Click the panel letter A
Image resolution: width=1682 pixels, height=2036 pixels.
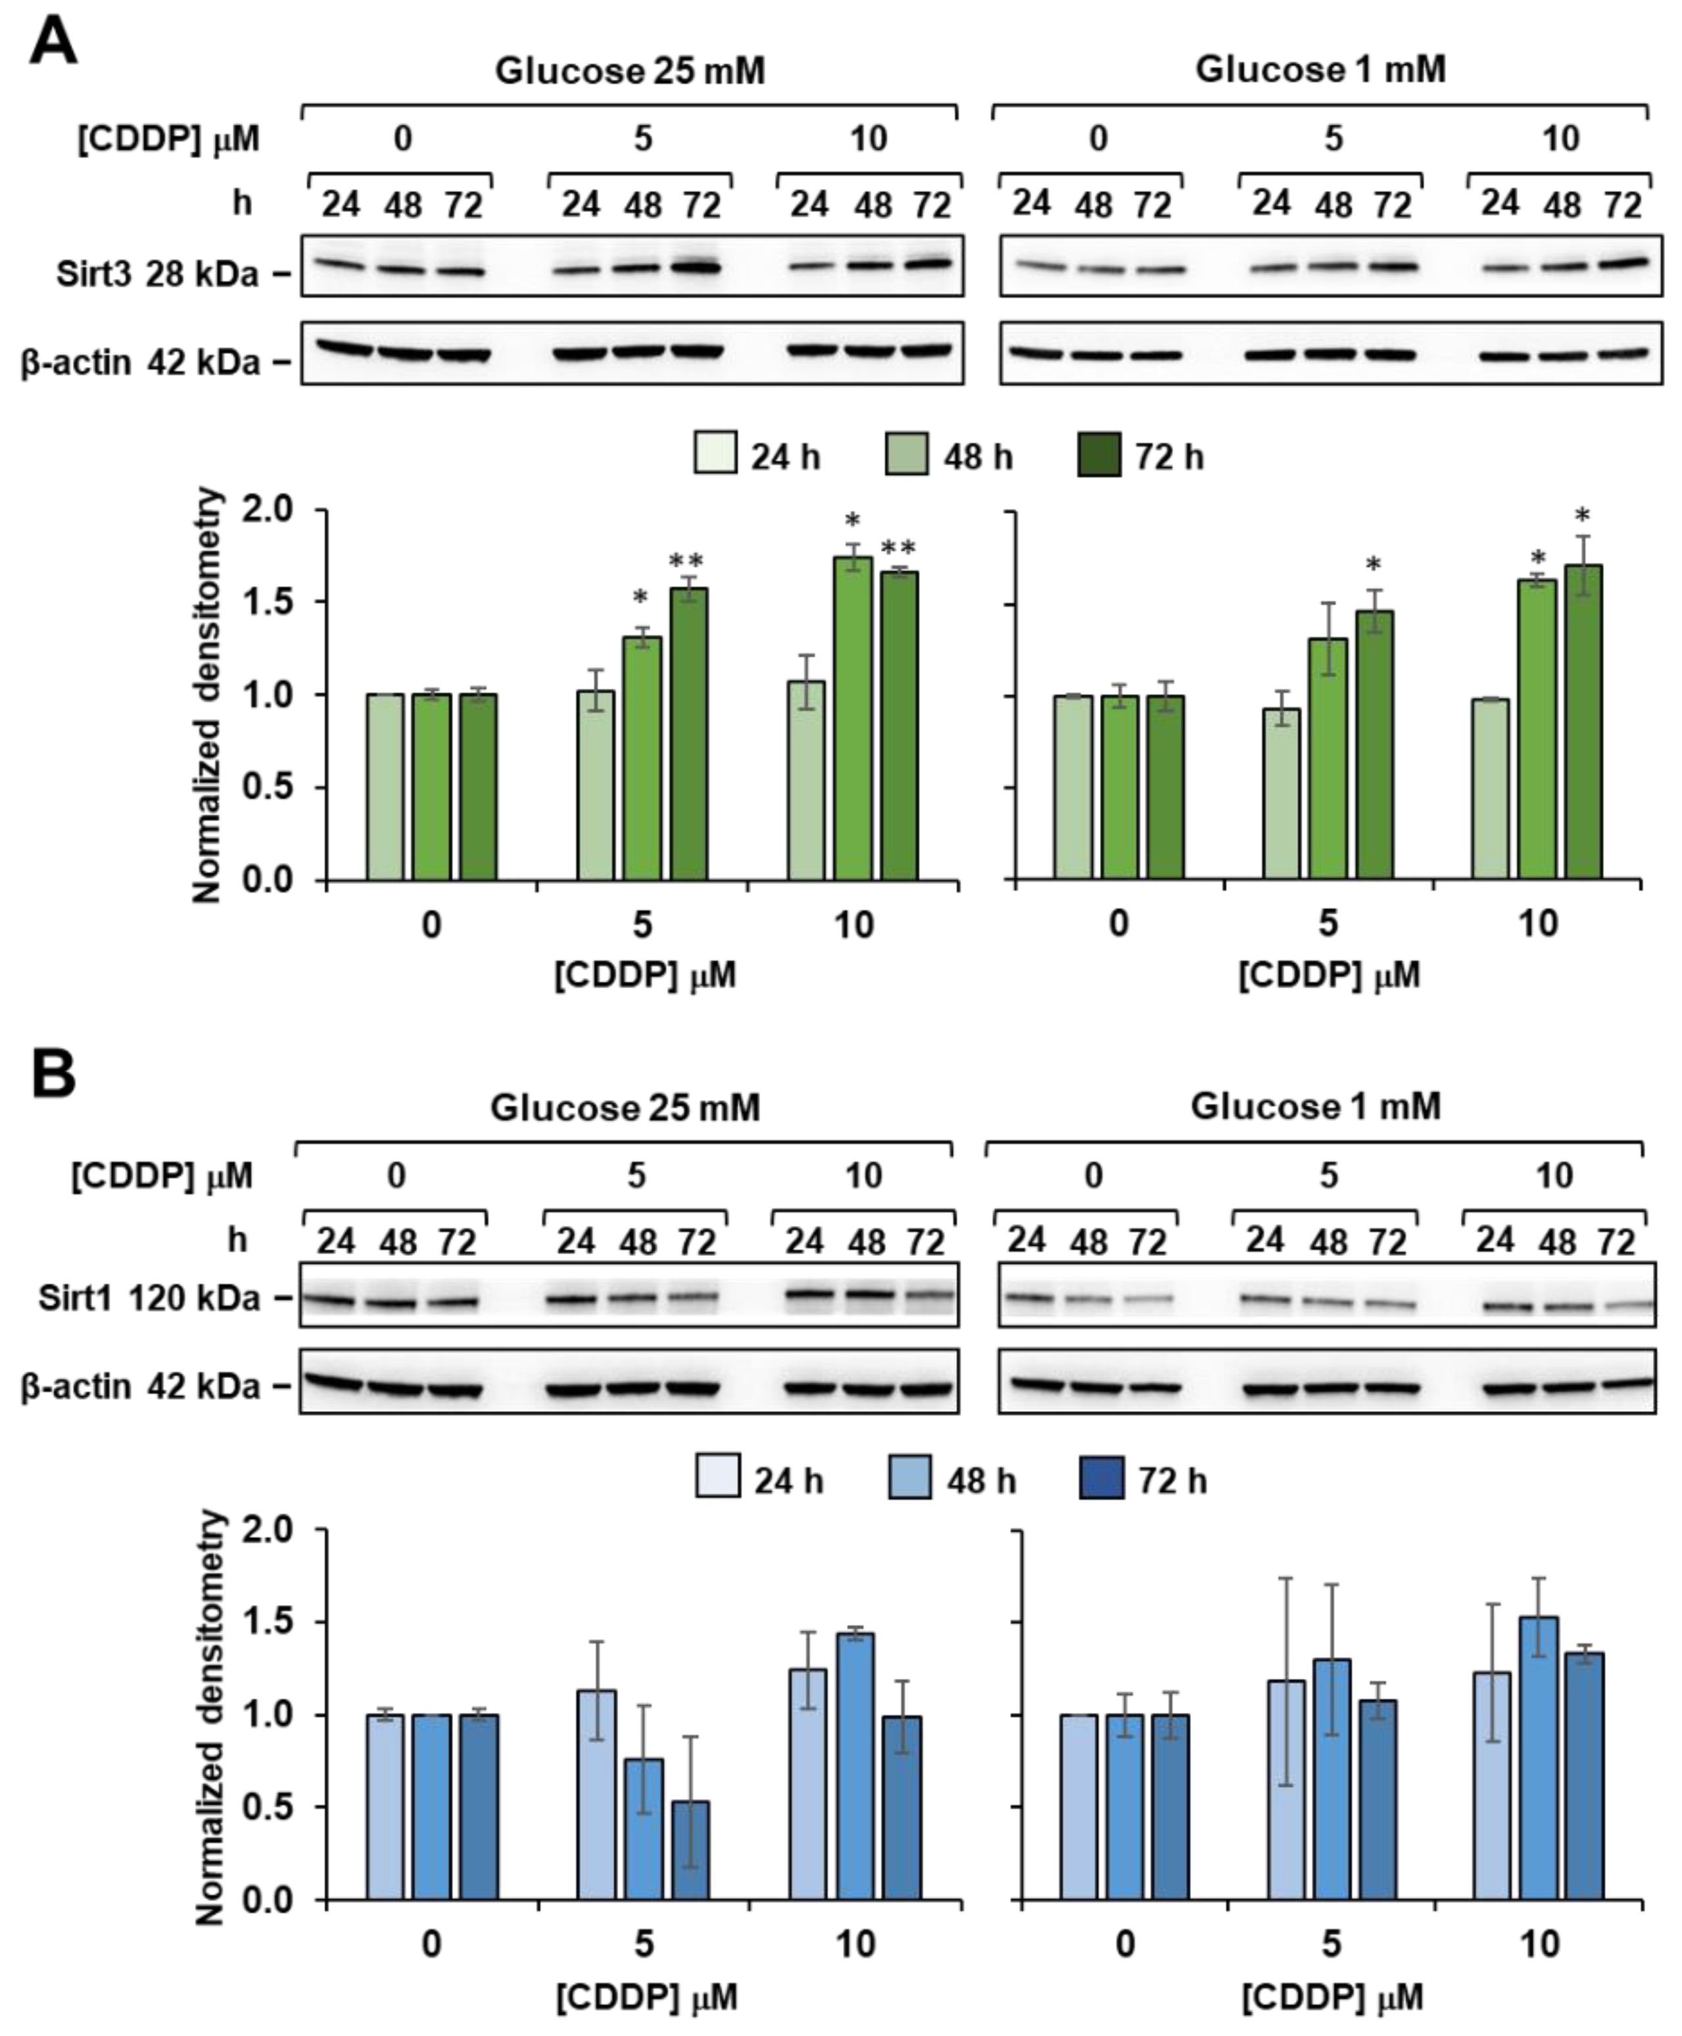pos(53,43)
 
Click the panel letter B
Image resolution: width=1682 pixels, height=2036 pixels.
pos(53,1075)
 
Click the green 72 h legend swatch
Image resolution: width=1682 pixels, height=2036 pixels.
pos(1099,455)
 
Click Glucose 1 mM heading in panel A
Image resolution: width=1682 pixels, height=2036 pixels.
pos(1320,70)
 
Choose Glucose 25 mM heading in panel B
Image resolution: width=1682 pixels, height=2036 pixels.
pos(625,1106)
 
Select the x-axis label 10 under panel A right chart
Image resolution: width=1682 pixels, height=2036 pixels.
pos(1537,924)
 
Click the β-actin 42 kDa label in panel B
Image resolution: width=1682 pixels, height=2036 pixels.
pos(141,1387)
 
